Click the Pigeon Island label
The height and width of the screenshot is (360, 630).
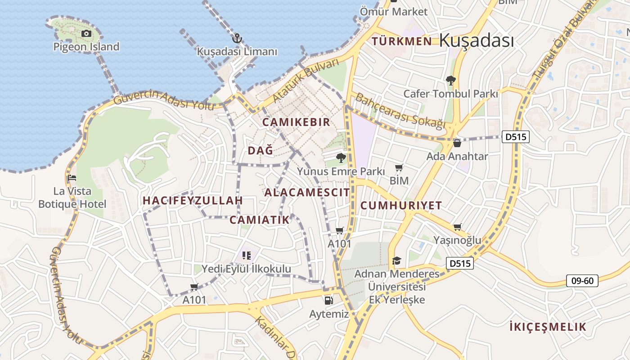(86, 47)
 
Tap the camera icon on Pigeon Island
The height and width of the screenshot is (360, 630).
(86, 33)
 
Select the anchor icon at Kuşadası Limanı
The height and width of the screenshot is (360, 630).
(237, 38)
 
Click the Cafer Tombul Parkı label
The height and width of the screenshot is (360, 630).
(450, 94)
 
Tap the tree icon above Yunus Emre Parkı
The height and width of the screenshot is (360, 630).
(341, 158)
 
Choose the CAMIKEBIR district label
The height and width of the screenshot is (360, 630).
(296, 122)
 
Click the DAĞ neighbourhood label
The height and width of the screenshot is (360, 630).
(261, 151)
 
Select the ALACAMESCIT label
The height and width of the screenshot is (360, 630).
(307, 193)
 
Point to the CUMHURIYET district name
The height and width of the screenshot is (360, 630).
(401, 206)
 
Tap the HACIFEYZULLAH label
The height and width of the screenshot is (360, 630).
(193, 201)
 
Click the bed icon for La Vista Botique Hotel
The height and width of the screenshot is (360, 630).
(72, 178)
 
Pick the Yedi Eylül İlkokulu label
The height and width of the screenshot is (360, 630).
(246, 269)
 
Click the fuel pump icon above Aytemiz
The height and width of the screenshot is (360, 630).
(329, 300)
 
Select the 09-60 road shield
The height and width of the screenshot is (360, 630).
(582, 281)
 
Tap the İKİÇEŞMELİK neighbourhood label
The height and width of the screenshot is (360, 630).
(548, 327)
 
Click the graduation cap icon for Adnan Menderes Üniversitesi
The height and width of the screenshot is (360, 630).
(396, 261)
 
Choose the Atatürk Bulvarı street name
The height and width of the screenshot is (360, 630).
(306, 81)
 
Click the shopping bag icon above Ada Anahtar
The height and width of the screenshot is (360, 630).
(457, 144)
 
